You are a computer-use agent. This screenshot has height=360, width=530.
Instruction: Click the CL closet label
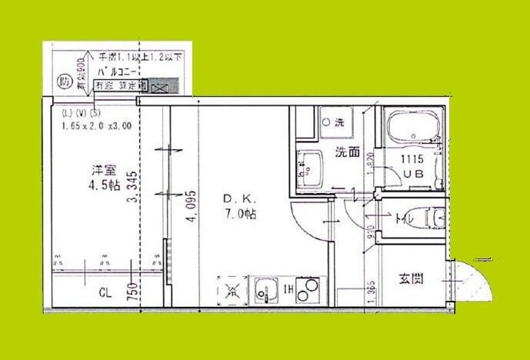pos(105,292)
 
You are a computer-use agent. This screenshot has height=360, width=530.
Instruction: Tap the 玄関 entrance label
pos(412,278)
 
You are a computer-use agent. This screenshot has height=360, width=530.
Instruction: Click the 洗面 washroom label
pos(346,152)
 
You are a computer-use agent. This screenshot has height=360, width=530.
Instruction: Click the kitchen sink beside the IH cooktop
pos(265,290)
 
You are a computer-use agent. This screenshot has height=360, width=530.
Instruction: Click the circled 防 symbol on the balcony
pos(65,80)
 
